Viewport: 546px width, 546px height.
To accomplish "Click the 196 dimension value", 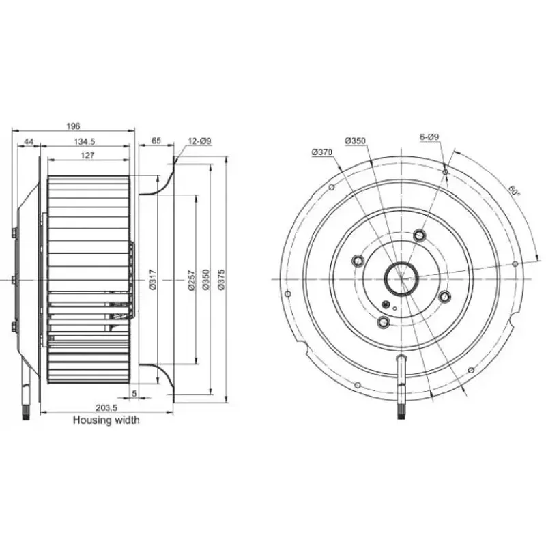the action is [73, 126].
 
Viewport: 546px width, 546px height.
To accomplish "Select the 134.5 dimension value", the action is [84, 141].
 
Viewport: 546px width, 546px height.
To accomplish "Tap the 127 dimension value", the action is [87, 156].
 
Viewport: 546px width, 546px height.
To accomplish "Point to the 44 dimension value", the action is [29, 141].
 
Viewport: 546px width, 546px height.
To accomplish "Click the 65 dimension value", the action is [156, 141].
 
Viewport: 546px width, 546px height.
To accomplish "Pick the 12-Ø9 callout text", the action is [200, 141].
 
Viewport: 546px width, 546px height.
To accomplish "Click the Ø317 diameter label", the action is [153, 280].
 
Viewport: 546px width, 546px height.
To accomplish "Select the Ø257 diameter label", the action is [191, 280].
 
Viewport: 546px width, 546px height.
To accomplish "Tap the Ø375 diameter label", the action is [222, 280].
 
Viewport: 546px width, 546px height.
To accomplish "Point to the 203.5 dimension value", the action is [106, 407].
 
